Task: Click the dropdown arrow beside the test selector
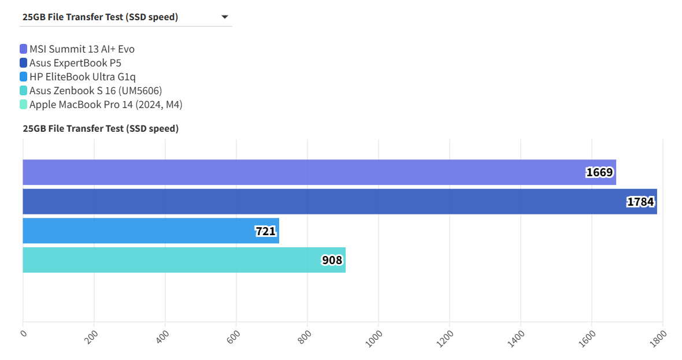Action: (225, 17)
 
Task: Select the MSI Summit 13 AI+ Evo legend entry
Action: (81, 49)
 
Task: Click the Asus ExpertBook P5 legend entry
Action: (75, 63)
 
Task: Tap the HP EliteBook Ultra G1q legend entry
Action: (83, 77)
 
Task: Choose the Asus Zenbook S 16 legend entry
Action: (95, 91)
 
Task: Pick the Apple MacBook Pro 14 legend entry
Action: (106, 105)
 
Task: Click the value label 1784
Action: (640, 202)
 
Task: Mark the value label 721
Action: (266, 231)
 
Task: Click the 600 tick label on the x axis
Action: (233, 337)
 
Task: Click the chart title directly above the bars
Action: (101, 128)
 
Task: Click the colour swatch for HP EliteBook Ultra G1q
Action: (23, 77)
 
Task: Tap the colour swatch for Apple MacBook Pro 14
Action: (23, 105)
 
